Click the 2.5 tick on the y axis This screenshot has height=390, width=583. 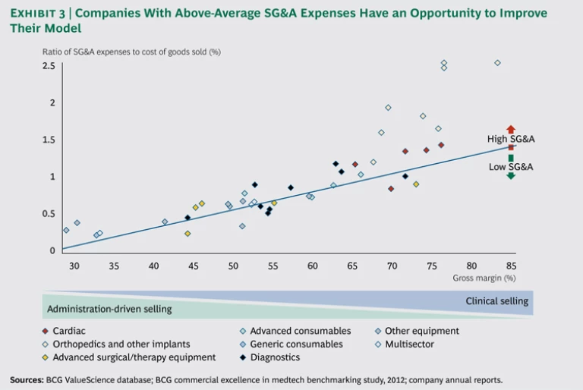tap(49, 66)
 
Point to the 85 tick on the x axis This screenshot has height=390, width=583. tap(511, 266)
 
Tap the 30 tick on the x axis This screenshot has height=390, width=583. tap(74, 266)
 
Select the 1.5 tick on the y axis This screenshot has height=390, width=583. tap(49, 140)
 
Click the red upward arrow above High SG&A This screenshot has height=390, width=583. tap(511, 129)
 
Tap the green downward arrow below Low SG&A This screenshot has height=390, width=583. tap(511, 175)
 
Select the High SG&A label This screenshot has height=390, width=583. tap(511, 140)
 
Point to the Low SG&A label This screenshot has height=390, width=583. tap(511, 166)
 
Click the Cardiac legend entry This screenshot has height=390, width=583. tap(68, 331)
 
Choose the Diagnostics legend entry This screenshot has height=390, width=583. tap(275, 357)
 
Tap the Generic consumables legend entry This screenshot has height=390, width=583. tap(296, 344)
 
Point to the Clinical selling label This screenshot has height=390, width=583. tap(496, 301)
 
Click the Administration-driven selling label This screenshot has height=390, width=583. tap(109, 309)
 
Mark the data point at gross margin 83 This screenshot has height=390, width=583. tap(498, 63)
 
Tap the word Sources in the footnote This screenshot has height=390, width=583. tap(27, 379)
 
